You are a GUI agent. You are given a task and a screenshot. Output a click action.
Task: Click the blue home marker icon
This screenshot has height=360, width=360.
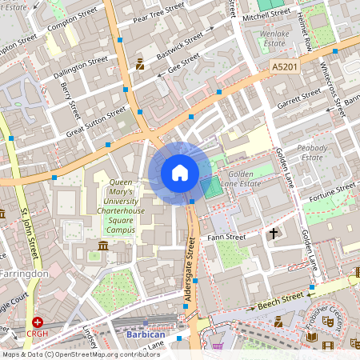click(180, 173)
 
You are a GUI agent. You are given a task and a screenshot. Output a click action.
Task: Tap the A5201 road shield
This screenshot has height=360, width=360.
click(283, 69)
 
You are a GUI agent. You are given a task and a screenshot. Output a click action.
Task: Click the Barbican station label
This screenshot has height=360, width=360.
click(145, 335)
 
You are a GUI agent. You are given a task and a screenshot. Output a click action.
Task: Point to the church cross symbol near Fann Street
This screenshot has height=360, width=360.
click(274, 234)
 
